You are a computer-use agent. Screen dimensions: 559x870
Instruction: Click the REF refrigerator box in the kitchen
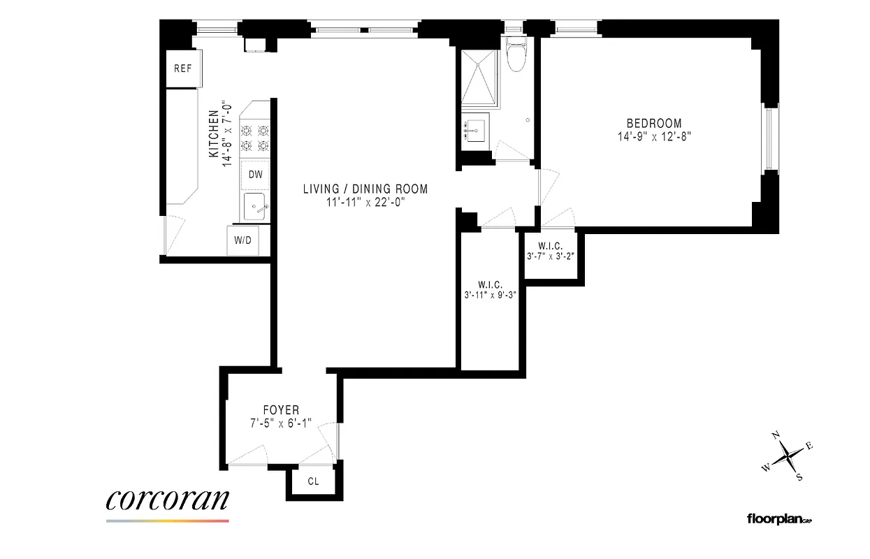[x=182, y=69]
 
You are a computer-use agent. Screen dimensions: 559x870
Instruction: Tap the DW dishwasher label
[x=256, y=175]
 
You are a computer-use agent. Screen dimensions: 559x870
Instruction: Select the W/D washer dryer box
[x=242, y=241]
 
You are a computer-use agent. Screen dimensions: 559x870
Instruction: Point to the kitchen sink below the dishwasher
[x=255, y=208]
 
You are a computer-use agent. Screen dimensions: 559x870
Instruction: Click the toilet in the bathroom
[x=516, y=57]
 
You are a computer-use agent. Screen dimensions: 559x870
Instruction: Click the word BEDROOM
[x=653, y=124]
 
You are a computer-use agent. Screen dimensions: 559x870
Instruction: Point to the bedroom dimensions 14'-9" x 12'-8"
[x=653, y=137]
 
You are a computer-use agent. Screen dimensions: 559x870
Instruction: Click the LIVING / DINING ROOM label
[x=365, y=189]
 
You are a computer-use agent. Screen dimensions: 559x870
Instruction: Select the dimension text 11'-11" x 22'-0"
[x=365, y=202]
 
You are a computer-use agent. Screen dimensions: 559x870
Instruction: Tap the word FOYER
[x=281, y=410]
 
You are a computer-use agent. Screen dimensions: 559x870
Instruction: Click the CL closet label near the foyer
[x=314, y=481]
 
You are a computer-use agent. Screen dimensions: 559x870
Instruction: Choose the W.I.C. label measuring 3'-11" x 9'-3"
[x=489, y=284]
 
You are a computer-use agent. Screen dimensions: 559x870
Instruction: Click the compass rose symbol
[x=789, y=456]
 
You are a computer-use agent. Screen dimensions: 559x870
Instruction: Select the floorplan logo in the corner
[x=780, y=518]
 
